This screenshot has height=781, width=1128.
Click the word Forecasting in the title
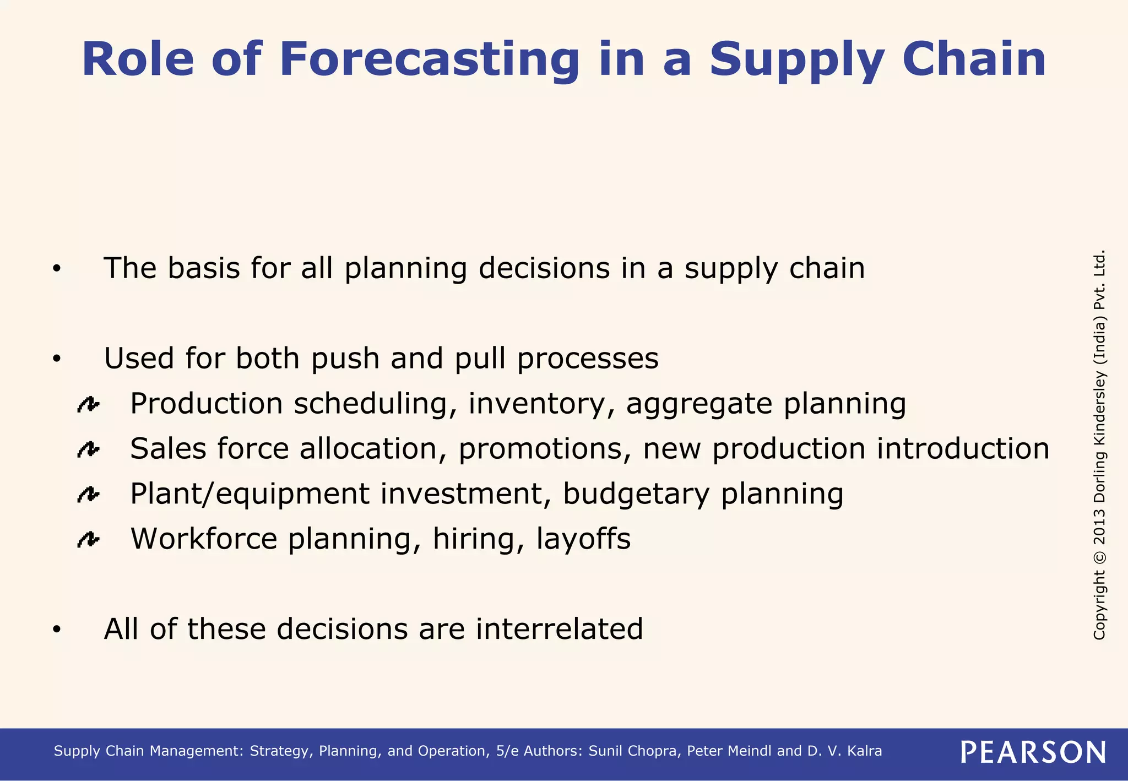click(429, 59)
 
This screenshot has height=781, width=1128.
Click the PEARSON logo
click(1033, 752)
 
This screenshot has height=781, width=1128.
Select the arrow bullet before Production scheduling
click(88, 405)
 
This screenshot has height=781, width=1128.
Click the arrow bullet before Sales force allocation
click(88, 450)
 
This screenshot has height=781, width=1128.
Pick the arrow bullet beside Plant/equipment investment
click(88, 495)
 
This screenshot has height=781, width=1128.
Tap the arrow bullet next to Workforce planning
click(88, 540)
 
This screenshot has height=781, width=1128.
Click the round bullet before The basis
click(57, 269)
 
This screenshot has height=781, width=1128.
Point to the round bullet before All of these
click(57, 630)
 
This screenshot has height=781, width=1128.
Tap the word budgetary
click(636, 494)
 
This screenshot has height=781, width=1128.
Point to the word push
click(345, 359)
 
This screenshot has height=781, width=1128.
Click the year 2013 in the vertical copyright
click(1099, 526)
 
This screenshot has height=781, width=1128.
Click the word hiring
click(473, 539)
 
